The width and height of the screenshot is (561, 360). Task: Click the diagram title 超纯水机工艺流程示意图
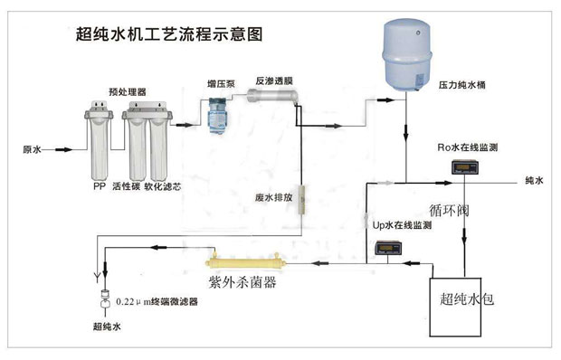(170, 35)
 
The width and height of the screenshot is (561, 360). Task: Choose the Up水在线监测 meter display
(391, 251)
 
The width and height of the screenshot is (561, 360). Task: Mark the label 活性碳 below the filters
(126, 188)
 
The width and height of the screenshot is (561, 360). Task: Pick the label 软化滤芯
(164, 188)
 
